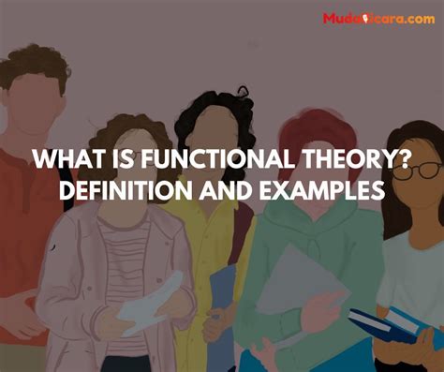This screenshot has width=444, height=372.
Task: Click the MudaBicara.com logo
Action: tap(378, 19)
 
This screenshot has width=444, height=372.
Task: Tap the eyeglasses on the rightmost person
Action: tap(422, 171)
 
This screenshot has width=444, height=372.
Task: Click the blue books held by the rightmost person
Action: tap(393, 328)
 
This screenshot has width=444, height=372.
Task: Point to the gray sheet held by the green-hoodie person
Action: tap(290, 281)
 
